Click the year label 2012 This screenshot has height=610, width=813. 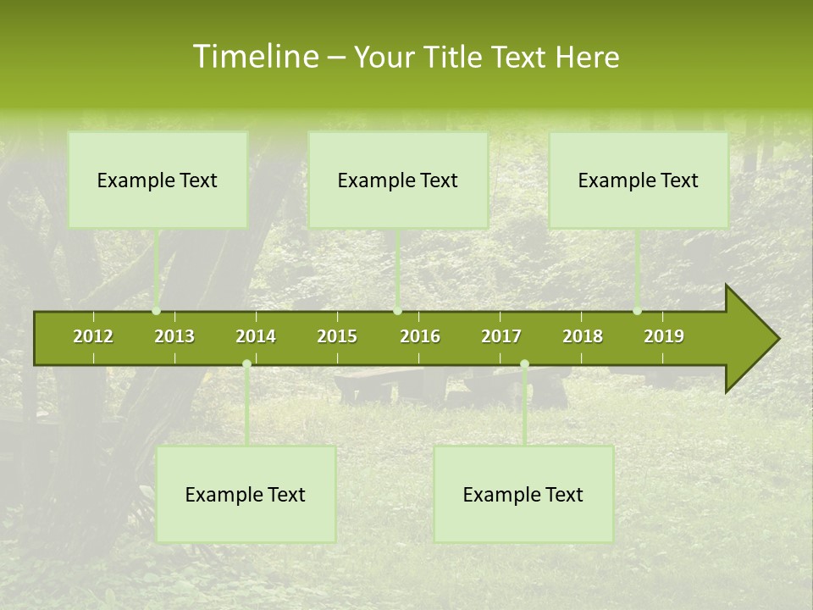[93, 336]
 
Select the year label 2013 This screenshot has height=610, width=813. [174, 336]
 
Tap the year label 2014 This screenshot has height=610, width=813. [256, 336]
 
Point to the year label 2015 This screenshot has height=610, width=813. [337, 336]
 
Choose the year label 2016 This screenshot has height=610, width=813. [420, 336]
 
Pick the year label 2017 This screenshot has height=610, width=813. [501, 336]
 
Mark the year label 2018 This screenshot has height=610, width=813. [583, 336]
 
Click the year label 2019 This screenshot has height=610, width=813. [664, 336]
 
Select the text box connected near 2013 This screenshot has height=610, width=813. [158, 180]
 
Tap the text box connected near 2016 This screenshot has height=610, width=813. [398, 180]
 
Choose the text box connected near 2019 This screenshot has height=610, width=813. [639, 180]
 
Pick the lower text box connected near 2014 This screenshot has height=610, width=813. [246, 494]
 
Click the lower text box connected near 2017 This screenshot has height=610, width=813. [523, 494]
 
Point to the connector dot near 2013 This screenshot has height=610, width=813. [157, 311]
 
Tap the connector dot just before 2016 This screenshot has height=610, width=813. [398, 311]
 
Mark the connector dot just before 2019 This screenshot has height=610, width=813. [638, 311]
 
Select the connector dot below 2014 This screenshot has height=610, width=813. [246, 364]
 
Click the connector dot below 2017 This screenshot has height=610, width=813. [524, 364]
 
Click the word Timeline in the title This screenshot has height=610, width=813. [255, 57]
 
